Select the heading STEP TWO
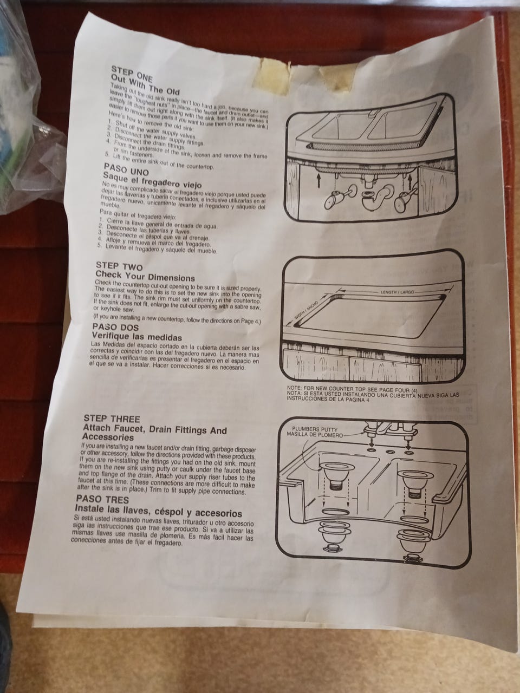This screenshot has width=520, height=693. pyautogui.click(x=119, y=267)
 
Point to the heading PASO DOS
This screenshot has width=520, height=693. pyautogui.click(x=115, y=327)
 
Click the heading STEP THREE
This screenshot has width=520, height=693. pyautogui.click(x=112, y=419)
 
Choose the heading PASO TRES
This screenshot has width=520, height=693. pyautogui.click(x=103, y=499)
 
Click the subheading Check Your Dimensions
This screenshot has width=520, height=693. pyautogui.click(x=145, y=277)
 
